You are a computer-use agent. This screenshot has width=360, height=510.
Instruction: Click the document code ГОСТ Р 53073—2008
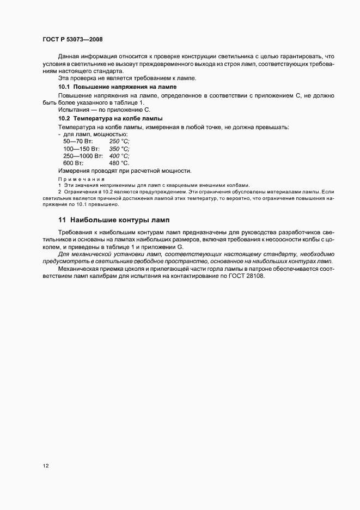(x=72, y=40)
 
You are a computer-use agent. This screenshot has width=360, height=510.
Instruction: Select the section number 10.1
(x=64, y=87)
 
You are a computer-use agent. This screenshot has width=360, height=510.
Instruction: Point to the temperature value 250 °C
(x=119, y=141)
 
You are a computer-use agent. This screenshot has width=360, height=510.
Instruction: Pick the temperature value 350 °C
(x=119, y=148)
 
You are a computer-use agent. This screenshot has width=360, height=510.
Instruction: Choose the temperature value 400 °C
(x=119, y=155)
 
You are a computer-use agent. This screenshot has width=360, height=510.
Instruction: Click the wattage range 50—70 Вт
(x=77, y=141)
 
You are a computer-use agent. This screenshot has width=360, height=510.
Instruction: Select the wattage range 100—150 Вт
(x=82, y=148)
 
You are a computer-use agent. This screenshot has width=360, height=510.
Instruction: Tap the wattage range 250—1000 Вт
(x=84, y=155)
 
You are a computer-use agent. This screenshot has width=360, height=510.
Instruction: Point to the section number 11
(x=62, y=220)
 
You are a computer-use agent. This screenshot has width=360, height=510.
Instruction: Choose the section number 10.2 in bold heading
(x=64, y=118)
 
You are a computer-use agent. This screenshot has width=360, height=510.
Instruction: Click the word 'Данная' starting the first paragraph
(x=69, y=56)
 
